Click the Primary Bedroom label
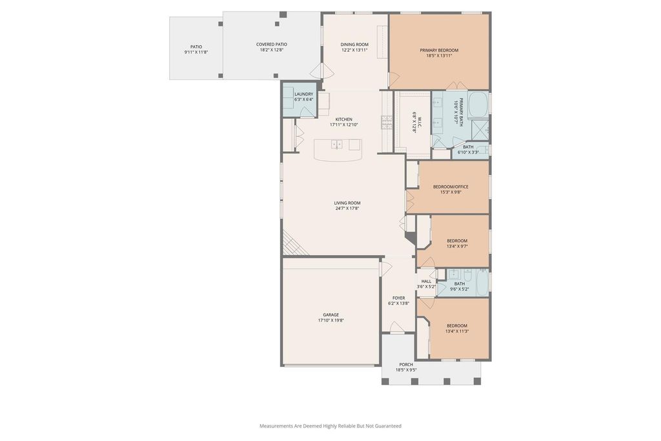(439, 50)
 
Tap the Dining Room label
(354, 45)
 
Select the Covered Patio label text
(272, 45)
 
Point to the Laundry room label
(303, 94)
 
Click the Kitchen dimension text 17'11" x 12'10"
(344, 125)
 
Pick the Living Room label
(347, 203)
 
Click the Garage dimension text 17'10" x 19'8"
(331, 320)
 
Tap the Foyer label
(398, 298)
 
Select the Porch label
(406, 365)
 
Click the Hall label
(426, 282)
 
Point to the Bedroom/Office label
(451, 187)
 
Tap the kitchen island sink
(336, 144)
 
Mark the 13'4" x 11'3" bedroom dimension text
(457, 331)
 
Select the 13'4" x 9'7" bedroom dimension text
(457, 246)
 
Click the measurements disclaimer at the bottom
(330, 426)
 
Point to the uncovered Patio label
(196, 46)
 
